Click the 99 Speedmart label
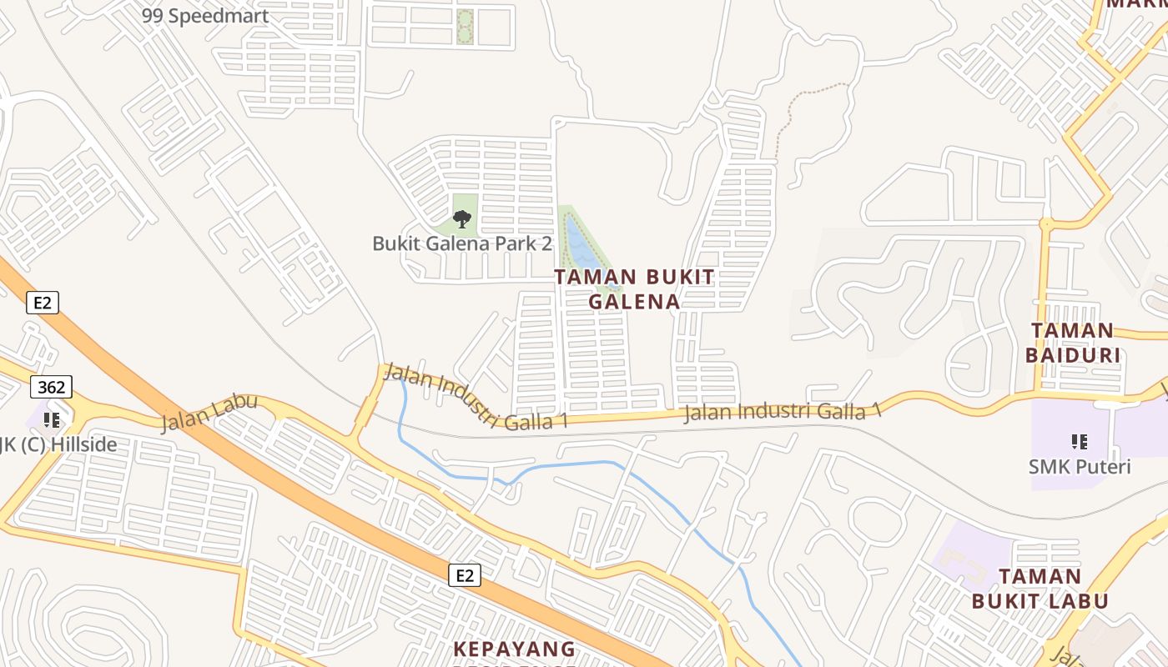[x=205, y=16]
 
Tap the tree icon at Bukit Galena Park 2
[x=462, y=219]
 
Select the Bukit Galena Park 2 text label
[x=462, y=243]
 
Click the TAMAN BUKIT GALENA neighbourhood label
[x=635, y=289]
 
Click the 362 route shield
[x=51, y=387]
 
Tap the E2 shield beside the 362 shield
[x=43, y=302]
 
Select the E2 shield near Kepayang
[x=465, y=574]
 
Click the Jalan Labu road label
[x=209, y=413]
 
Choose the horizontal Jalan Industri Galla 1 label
[x=782, y=411]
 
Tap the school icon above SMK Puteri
[x=1079, y=441]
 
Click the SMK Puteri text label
[x=1079, y=466]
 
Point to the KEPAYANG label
[x=515, y=649]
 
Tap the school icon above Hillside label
[x=51, y=419]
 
